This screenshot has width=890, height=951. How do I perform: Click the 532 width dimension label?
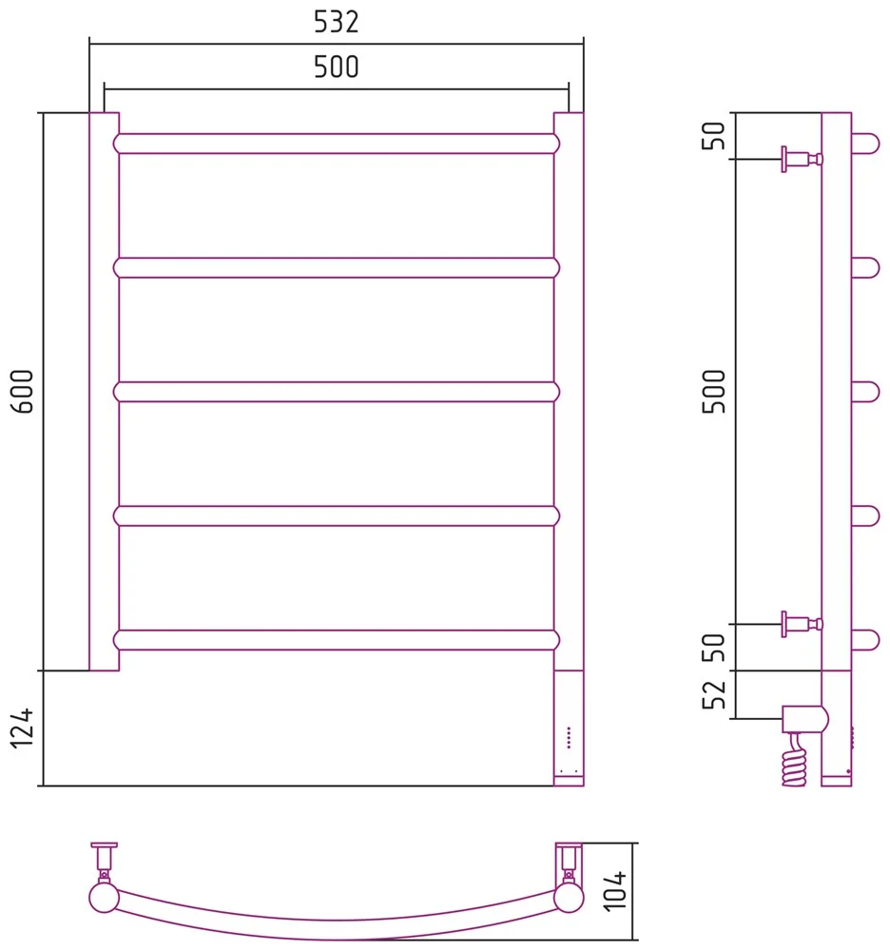click(x=336, y=22)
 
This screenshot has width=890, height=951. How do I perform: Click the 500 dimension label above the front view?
click(x=336, y=67)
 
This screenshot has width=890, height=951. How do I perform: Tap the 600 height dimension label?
click(x=23, y=391)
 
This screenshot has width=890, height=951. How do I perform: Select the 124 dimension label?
click(x=23, y=728)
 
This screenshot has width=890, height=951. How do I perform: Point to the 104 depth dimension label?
click(x=615, y=890)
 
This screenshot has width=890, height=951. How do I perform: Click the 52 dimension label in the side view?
click(x=713, y=694)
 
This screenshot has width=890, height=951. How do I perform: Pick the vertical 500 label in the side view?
click(x=713, y=391)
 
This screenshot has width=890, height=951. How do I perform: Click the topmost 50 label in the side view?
click(x=713, y=135)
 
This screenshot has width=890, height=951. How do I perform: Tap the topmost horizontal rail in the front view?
click(x=337, y=144)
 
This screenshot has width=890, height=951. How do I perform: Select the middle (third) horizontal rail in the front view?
click(x=337, y=392)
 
